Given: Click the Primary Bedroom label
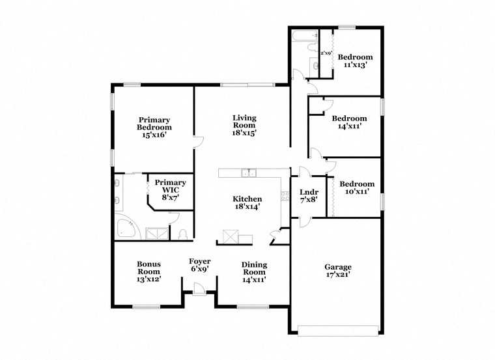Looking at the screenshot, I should pos(154,128).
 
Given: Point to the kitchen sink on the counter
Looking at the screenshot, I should pos(247,173).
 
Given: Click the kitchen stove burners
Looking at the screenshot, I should pos(284,196).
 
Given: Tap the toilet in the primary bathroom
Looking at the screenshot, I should pos(183,234).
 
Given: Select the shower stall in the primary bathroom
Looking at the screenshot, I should pos(156,232).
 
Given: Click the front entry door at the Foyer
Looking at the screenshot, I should pos(199,289).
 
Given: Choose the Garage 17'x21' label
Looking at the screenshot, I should pos(338,271).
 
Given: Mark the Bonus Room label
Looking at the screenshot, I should pos(148,271).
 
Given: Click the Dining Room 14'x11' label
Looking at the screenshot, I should pos(254,271).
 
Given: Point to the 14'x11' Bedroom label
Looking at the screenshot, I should pos(349,123).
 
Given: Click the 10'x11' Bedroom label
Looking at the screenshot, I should pos(357,188).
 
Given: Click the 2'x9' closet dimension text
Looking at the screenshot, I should pos(326,53).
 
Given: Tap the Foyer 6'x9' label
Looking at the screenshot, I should pos(199,265).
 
